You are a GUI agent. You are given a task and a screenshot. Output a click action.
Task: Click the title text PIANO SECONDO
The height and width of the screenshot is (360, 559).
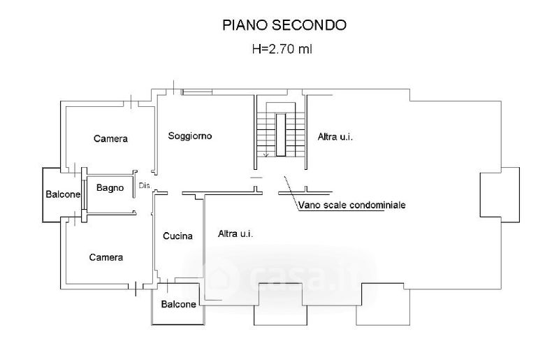[284, 25]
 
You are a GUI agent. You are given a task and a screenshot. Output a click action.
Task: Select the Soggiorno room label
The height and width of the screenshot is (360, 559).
[189, 136]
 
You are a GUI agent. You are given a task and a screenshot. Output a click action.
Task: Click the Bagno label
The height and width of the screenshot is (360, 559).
[110, 187]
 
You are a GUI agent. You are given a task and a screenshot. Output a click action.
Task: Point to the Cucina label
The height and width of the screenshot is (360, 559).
[177, 236]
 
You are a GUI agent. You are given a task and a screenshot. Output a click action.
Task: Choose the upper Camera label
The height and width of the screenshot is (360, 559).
[110, 138]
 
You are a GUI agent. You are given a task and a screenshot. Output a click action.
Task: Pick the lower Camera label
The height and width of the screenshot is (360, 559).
[106, 257]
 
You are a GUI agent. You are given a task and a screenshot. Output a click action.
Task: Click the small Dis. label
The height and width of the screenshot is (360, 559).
[145, 185]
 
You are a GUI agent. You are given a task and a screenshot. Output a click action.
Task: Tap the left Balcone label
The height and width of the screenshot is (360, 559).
[64, 194]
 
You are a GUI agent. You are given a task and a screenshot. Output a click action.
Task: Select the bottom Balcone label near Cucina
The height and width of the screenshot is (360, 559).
[178, 304]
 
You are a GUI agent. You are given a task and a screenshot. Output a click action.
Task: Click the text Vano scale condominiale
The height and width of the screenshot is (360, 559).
[351, 206]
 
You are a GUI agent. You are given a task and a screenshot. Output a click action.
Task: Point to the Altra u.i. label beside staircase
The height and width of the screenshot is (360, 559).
[335, 136]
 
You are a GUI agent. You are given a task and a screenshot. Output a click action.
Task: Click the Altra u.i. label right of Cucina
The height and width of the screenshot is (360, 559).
[235, 233]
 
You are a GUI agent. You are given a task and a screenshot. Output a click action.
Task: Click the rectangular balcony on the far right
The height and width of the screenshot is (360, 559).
[500, 195]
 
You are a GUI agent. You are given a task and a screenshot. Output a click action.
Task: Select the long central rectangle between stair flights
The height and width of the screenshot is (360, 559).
[280, 133]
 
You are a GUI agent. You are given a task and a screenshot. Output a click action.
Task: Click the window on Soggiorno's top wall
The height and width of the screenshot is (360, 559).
[195, 92]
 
